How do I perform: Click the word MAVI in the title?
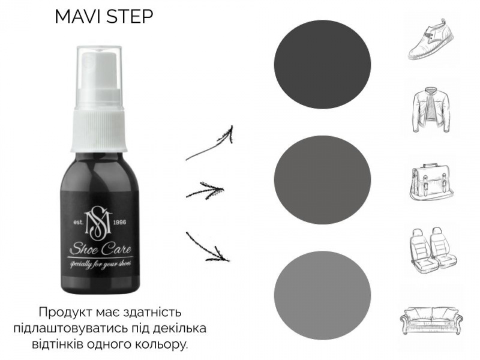pyautogui.click(x=78, y=17)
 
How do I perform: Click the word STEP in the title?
pyautogui.click(x=128, y=17)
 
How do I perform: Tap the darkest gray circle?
pyautogui.click(x=322, y=64)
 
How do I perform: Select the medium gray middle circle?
pyautogui.click(x=322, y=179)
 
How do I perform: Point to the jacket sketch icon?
pyautogui.click(x=431, y=110)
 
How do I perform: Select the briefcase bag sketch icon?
pyautogui.click(x=431, y=183)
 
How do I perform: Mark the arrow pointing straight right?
pyautogui.click(x=205, y=190)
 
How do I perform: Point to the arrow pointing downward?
pyautogui.click(x=208, y=247)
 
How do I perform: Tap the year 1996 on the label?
pyautogui.click(x=119, y=222)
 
